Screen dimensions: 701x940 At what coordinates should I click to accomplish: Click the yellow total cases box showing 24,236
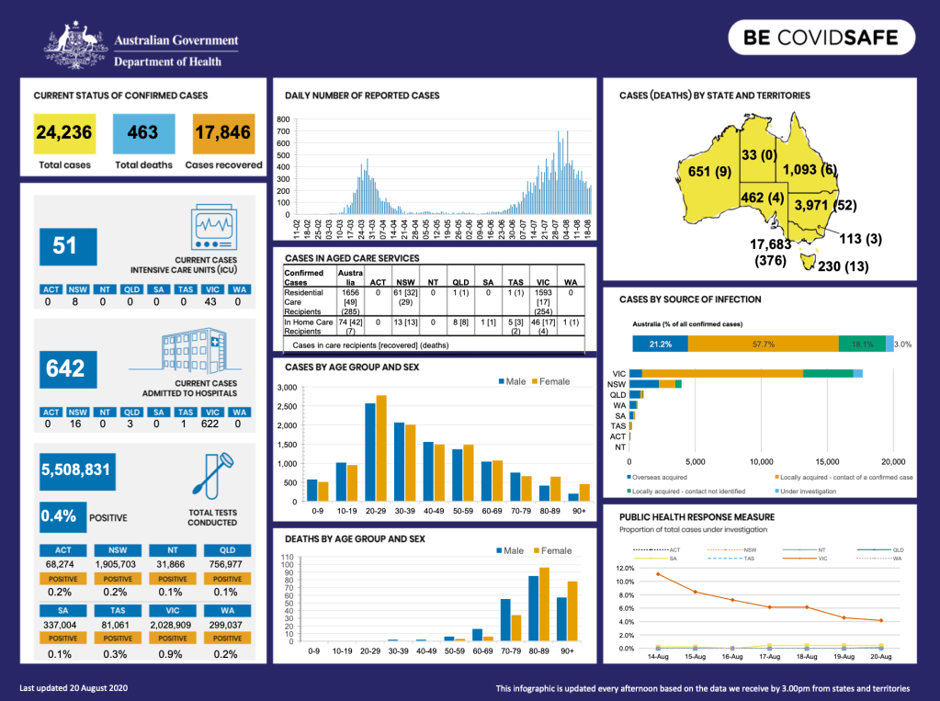(64, 134)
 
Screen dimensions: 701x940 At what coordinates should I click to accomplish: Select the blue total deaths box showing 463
(143, 134)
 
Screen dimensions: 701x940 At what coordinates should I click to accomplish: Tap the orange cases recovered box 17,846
(223, 134)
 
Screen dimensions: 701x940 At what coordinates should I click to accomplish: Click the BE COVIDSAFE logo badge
(823, 40)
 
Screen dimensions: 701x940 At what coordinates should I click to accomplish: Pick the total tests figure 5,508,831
(76, 470)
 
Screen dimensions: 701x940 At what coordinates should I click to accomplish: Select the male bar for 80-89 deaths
(533, 608)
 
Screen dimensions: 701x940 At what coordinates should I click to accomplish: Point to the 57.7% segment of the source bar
(763, 344)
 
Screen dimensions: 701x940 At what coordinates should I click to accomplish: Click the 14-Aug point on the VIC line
(658, 574)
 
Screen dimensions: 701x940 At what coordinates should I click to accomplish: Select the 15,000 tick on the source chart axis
(828, 461)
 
